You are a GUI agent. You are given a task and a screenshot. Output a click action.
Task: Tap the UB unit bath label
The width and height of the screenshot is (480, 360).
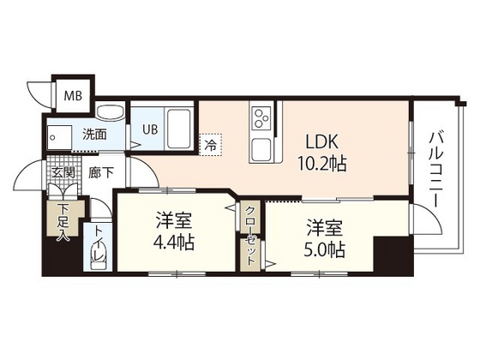(x=149, y=129)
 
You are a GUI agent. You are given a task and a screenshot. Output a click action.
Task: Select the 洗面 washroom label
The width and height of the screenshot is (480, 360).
(x=94, y=135)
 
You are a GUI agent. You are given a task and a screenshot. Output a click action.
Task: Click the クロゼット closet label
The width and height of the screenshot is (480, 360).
(x=250, y=232)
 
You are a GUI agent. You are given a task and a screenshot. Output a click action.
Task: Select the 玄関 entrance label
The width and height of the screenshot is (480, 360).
(x=63, y=172)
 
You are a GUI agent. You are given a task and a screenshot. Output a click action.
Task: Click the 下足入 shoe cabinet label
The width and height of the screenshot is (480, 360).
(x=63, y=220)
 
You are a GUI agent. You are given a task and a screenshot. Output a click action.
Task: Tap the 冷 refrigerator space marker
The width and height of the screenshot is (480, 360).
(x=210, y=145)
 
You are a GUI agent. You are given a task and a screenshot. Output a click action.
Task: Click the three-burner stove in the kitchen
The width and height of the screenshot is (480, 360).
(x=261, y=116)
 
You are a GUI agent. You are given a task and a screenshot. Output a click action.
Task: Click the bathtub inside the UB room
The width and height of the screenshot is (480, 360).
(x=178, y=128)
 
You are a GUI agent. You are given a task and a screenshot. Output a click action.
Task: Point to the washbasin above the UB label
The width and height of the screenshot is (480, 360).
(x=109, y=114)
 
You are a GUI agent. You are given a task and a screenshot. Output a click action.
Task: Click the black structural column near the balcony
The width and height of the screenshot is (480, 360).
(x=393, y=255)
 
